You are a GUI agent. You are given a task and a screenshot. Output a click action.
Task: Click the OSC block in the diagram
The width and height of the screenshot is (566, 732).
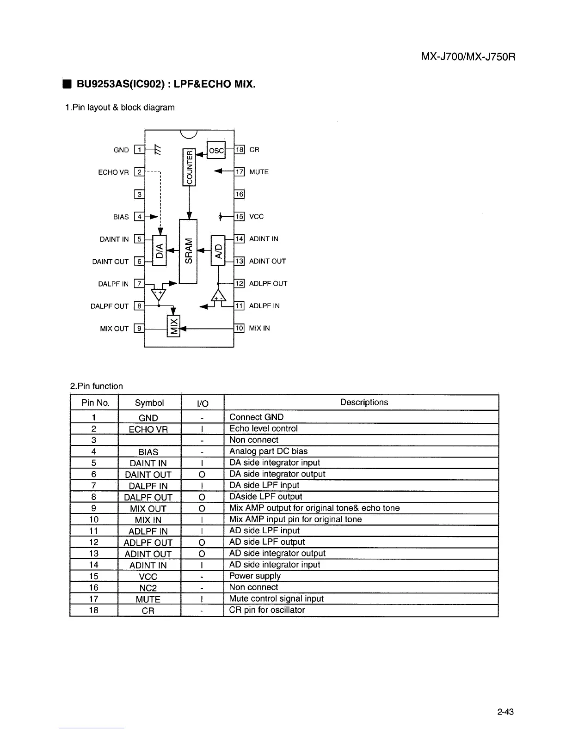coord(216,150)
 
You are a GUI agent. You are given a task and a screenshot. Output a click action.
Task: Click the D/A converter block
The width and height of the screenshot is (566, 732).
coord(160,251)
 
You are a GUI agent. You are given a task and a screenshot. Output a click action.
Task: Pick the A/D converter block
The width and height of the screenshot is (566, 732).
coord(217,251)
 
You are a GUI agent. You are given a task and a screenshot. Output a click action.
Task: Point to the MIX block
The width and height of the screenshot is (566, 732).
coord(173,327)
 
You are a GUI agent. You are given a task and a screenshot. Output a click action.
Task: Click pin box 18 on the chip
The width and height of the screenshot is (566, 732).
coord(240,149)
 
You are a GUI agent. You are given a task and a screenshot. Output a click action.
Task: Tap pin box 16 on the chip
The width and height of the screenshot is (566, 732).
coord(240,194)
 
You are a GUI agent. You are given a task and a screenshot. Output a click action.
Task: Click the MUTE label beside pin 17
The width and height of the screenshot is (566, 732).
coord(259,172)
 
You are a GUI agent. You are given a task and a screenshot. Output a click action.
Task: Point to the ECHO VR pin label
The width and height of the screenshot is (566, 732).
coord(113,172)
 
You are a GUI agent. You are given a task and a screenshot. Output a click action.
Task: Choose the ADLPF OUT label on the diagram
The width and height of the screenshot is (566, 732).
coord(268,284)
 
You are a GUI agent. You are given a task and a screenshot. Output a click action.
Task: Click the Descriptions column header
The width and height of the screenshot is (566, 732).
coord(364,402)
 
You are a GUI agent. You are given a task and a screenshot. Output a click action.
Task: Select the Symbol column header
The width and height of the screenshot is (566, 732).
coord(149,403)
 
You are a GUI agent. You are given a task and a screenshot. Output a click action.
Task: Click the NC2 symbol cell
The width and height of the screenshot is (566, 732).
coord(148,588)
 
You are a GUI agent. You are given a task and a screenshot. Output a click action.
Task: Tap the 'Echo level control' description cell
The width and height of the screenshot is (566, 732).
coord(264,428)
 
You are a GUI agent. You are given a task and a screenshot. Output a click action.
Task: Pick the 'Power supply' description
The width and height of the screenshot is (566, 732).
coord(255,576)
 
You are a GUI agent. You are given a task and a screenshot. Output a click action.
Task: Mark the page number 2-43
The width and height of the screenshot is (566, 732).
coord(505,712)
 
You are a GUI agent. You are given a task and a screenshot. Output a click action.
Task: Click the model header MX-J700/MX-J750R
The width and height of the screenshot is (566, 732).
coord(468,57)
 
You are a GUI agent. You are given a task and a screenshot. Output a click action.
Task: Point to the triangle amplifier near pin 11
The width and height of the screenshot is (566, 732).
coord(218,297)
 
